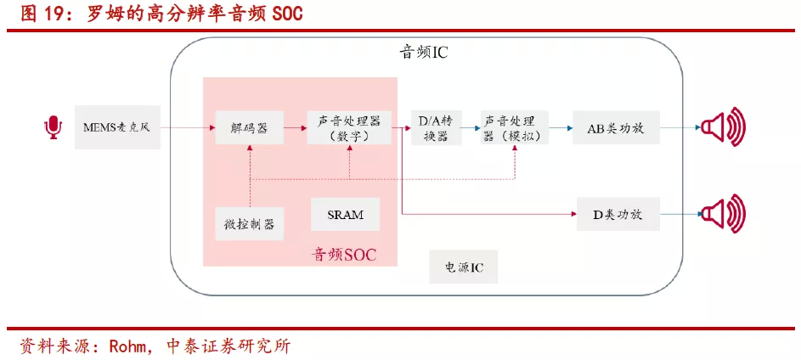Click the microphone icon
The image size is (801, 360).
(54, 128)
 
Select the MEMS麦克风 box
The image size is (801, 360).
(117, 128)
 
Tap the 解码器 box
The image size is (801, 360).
(249, 128)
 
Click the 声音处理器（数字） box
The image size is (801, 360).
(349, 128)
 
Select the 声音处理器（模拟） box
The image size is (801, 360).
(515, 128)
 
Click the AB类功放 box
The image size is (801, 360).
(615, 128)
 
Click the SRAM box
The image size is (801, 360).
(345, 214)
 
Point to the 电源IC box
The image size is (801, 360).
(464, 267)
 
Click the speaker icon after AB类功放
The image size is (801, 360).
(723, 128)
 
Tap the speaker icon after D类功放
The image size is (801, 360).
(723, 214)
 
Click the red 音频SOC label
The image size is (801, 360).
(345, 253)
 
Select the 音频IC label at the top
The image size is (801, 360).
(423, 53)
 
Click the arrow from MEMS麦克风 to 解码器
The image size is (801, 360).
(187, 128)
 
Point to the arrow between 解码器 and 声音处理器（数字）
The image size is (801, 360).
(295, 128)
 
